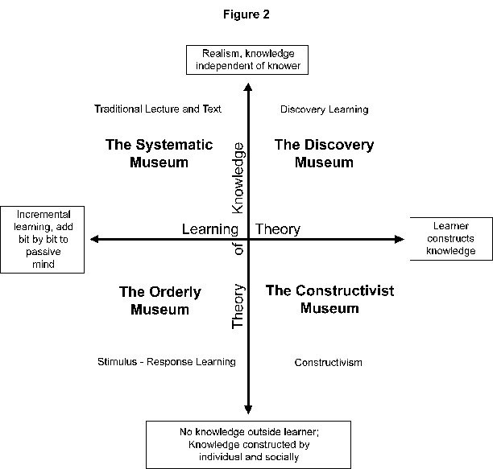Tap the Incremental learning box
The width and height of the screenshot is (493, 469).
click(43, 239)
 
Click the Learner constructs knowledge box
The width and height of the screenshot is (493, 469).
click(450, 239)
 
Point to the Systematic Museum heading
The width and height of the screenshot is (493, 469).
click(159, 153)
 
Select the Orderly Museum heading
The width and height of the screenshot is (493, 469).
click(159, 300)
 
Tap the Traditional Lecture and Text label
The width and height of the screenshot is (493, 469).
click(157, 109)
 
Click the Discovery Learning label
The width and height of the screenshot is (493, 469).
click(324, 109)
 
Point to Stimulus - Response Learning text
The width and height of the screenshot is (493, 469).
click(166, 362)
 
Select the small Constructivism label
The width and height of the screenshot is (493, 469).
click(328, 362)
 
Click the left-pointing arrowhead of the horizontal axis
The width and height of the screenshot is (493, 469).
click(94, 239)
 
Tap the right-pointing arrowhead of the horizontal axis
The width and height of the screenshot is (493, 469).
click(398, 239)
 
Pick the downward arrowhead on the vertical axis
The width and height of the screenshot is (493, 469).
click(249, 409)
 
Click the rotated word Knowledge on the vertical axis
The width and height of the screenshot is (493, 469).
click(238, 177)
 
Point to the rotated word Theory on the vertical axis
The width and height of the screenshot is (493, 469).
click(238, 306)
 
